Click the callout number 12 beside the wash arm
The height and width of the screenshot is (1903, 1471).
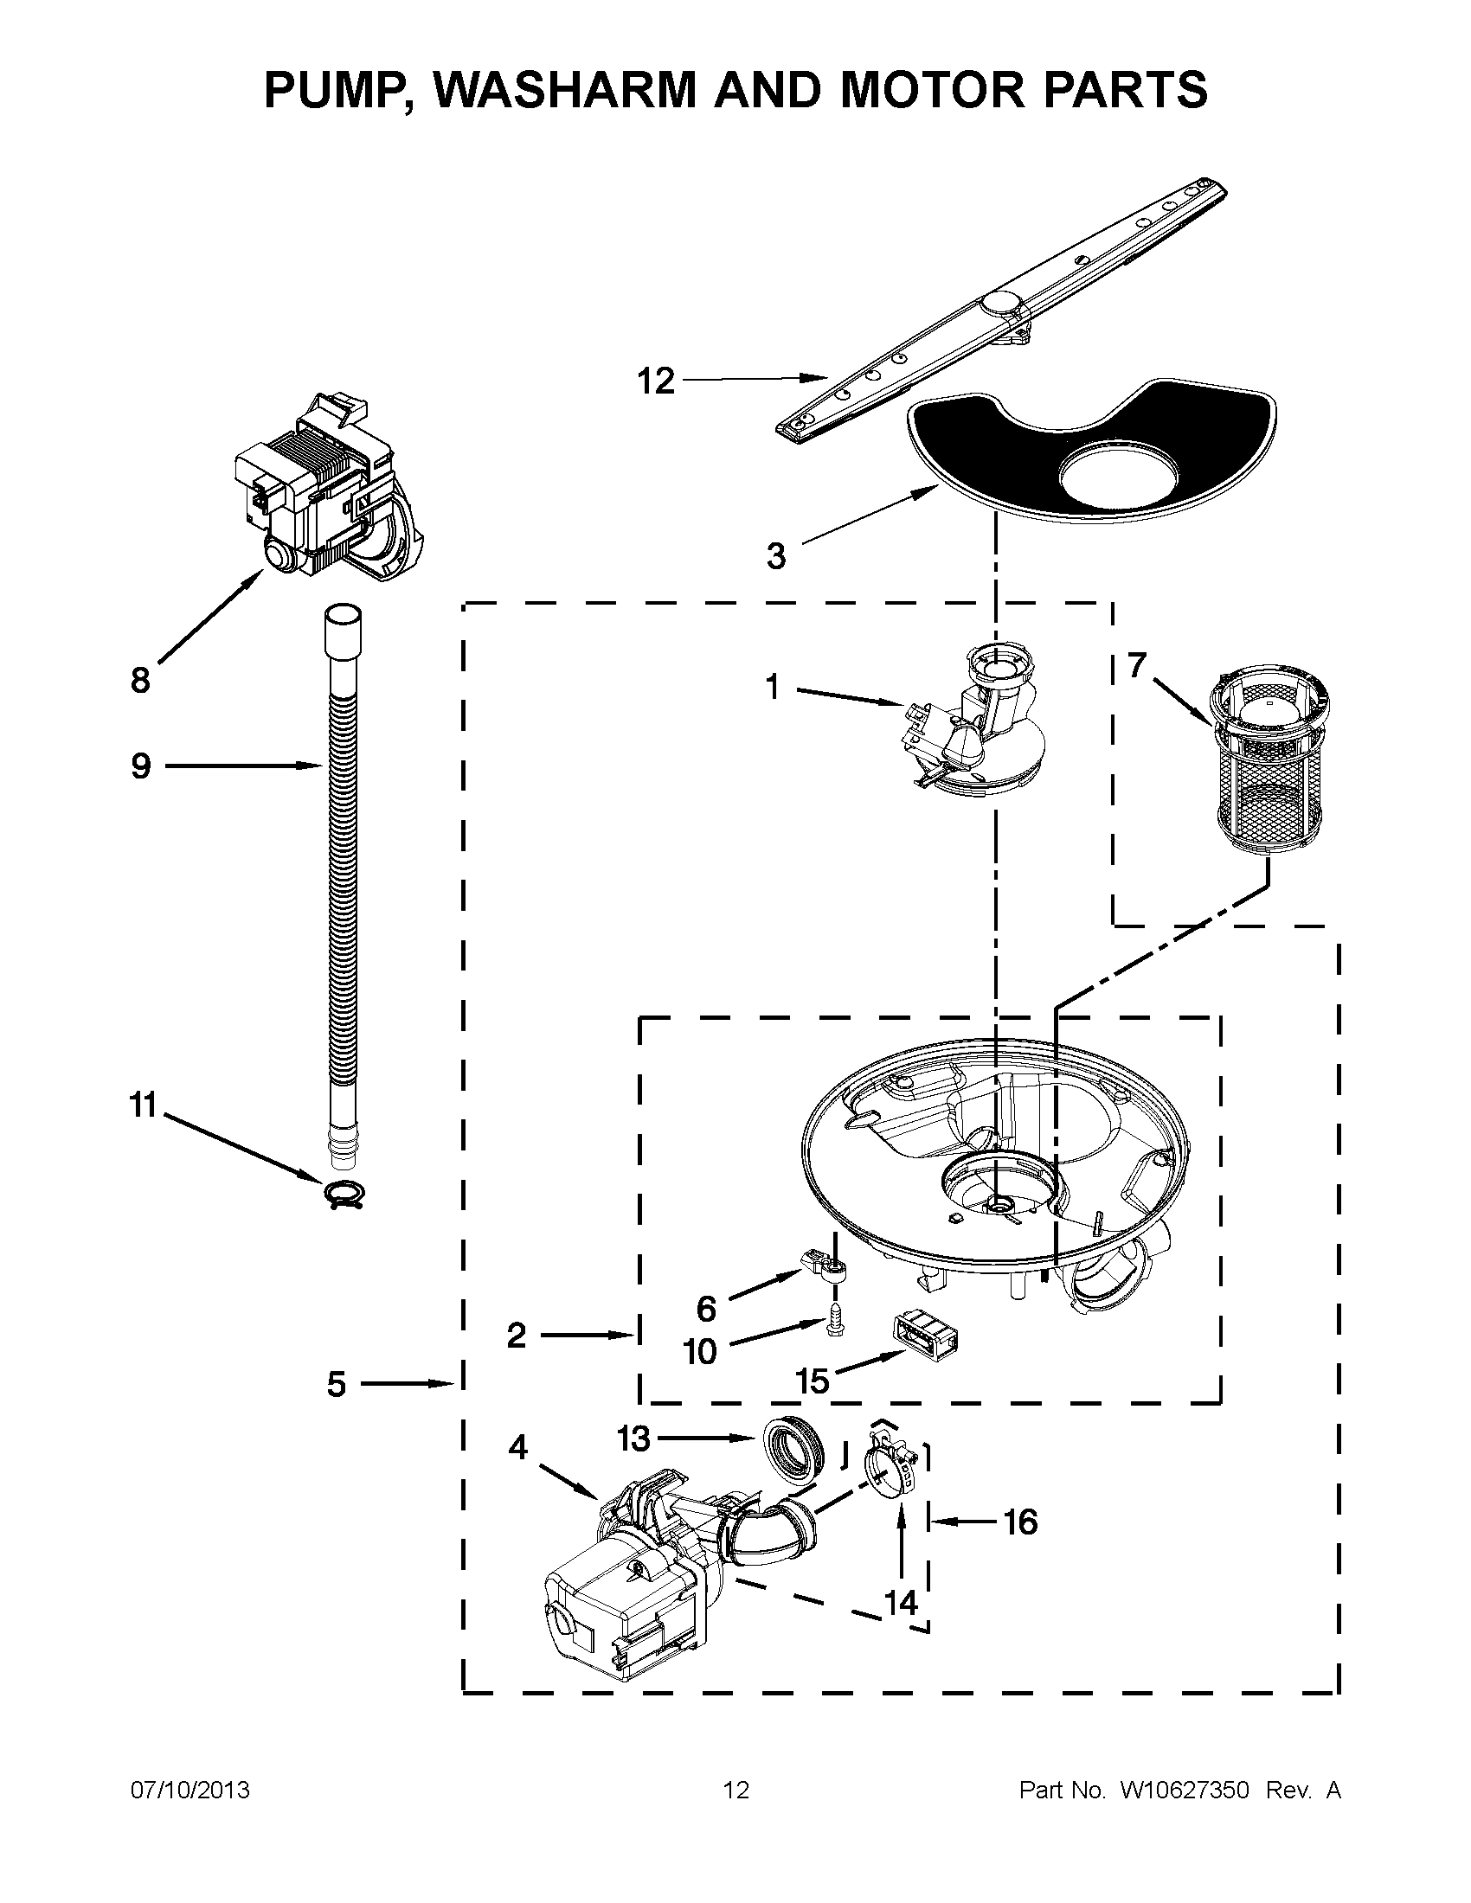(x=655, y=381)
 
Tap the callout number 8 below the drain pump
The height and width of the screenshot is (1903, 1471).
(x=140, y=680)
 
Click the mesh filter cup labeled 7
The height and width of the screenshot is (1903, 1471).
(x=1263, y=766)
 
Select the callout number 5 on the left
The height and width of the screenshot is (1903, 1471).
(x=337, y=1384)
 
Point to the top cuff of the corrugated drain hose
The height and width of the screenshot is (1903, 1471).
(x=343, y=629)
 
